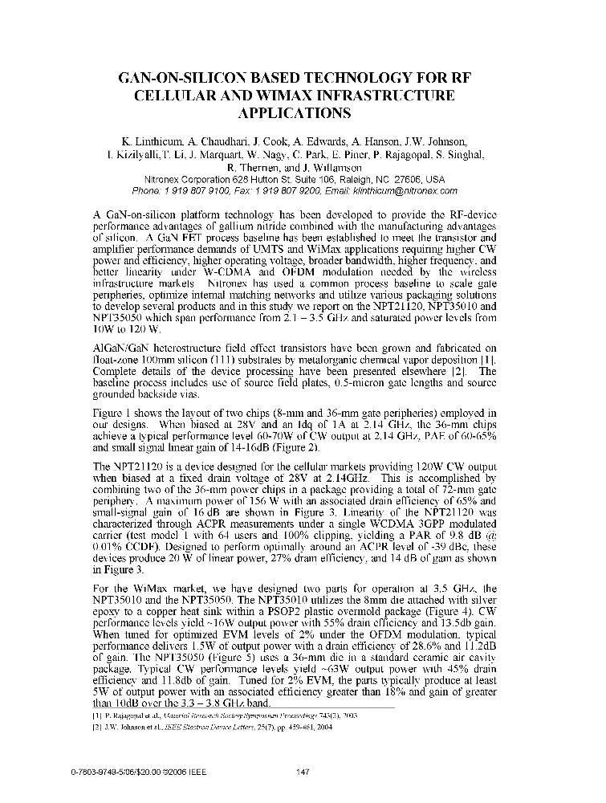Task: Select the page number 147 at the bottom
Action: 303,772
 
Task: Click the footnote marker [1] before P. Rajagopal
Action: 98,714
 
